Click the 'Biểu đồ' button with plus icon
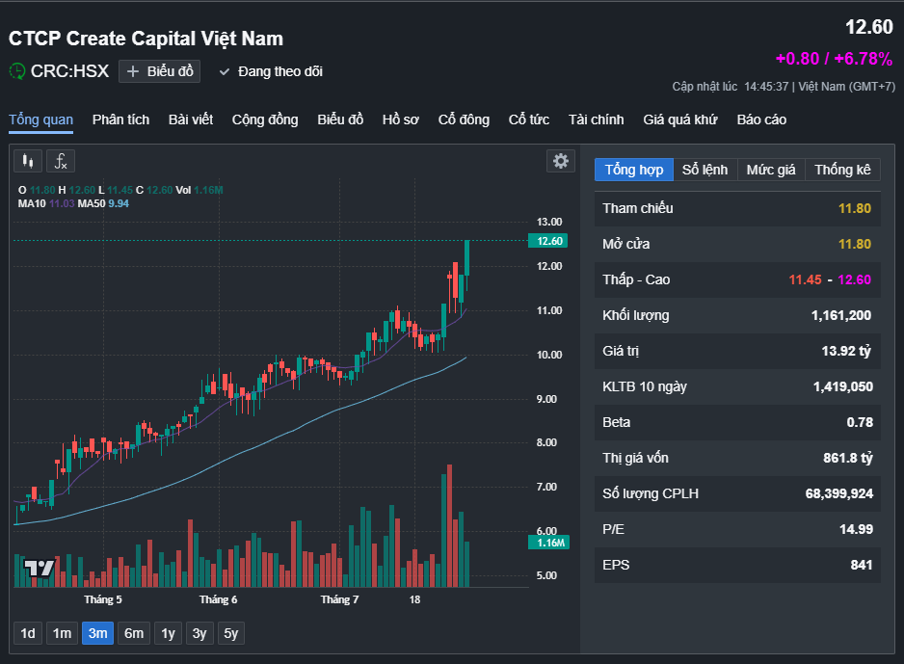pos(159,71)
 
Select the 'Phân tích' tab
pos(120,120)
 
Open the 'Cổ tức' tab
pos(529,120)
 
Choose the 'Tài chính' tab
pos(596,120)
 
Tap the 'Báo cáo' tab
pos(761,120)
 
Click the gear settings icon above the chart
pos(560,161)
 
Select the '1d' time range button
pos(28,633)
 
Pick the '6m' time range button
pos(134,633)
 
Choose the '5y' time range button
pos(230,633)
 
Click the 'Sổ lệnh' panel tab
pos(705,170)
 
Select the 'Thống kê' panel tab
pos(841,170)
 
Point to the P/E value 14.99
pos(854,529)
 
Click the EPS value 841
pos(860,565)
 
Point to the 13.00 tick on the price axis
pos(549,222)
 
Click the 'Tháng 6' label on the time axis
pos(218,599)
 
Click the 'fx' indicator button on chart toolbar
pos(60,161)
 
